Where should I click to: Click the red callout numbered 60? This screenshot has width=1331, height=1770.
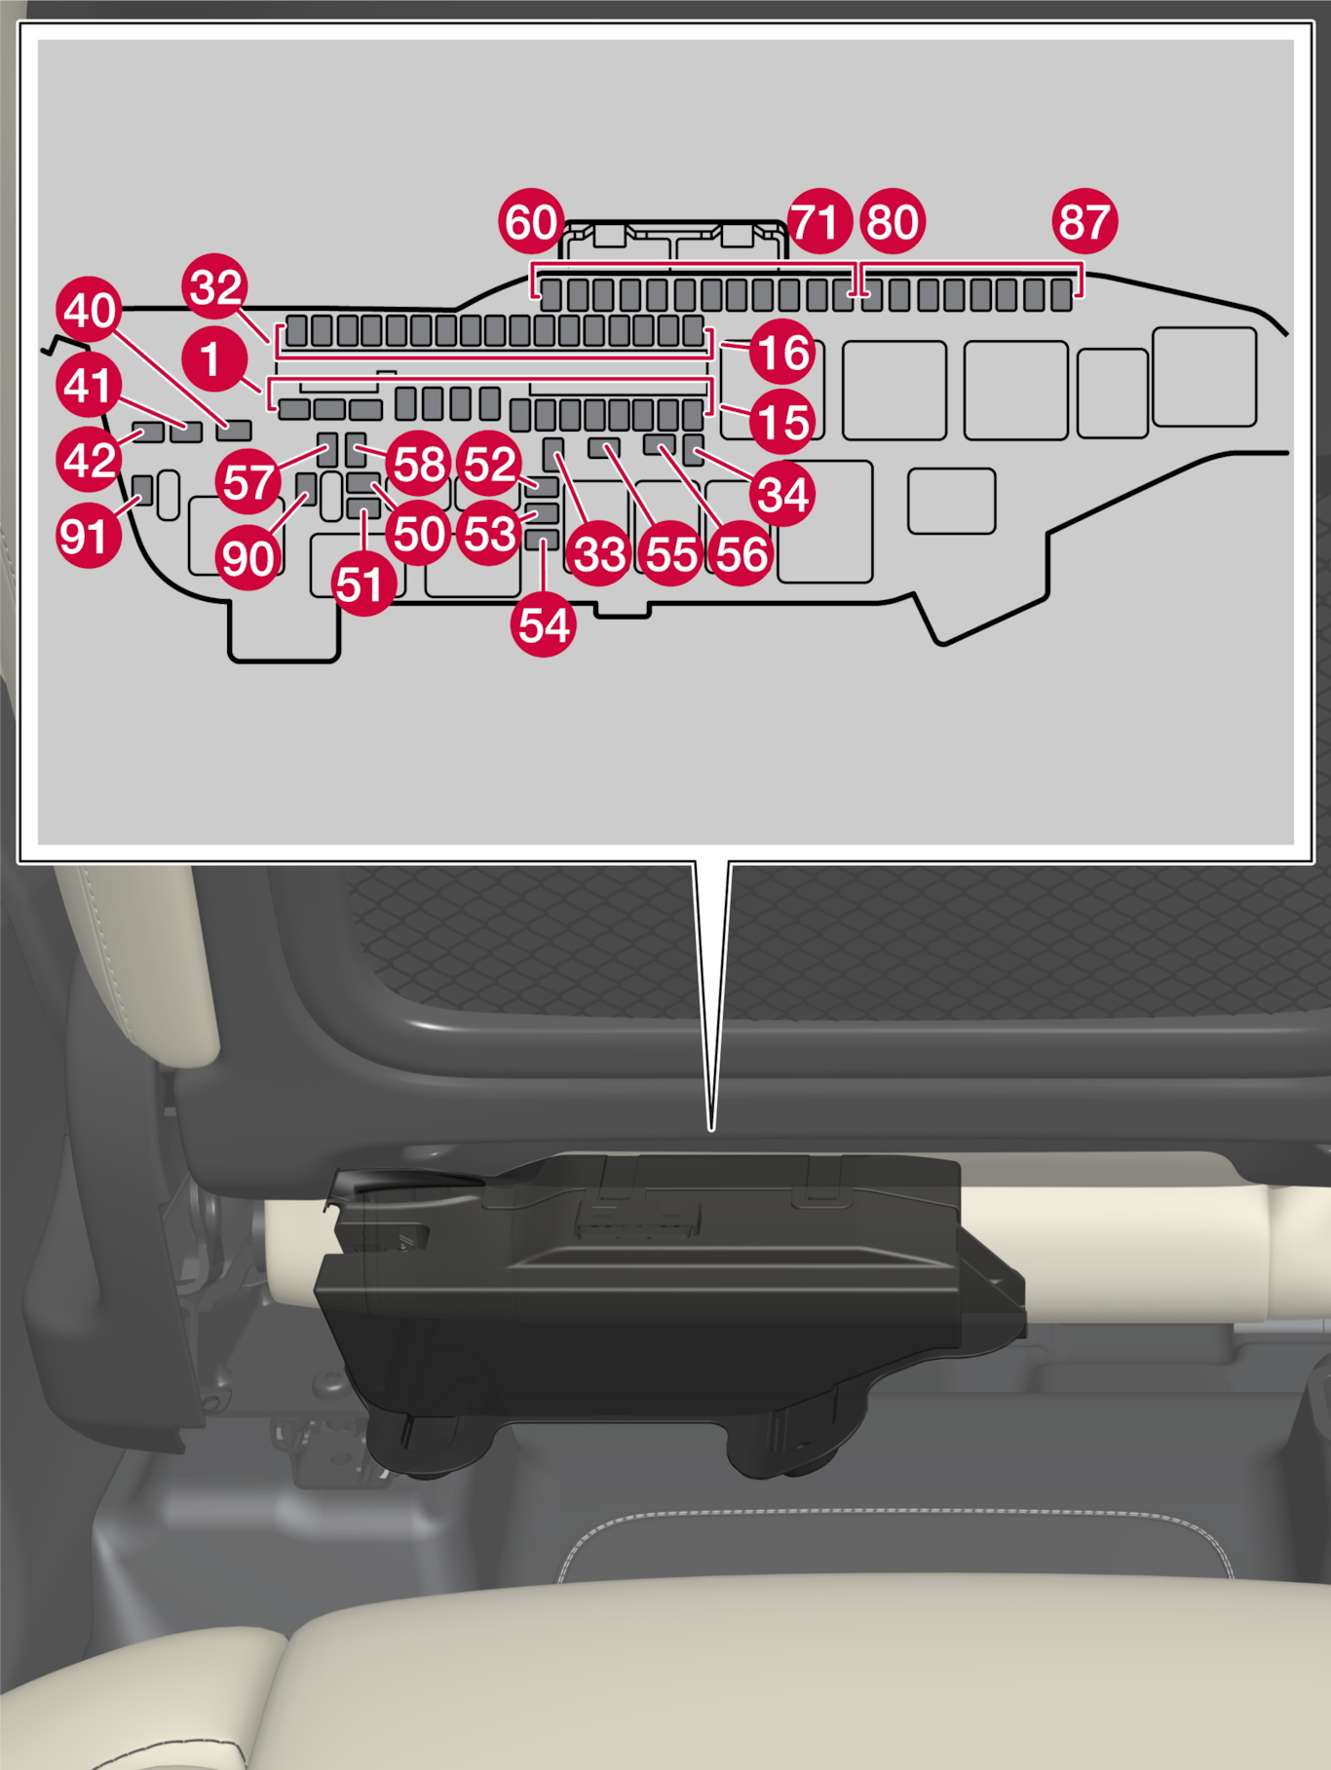coord(531,221)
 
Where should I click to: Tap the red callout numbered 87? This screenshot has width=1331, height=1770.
coord(1084,221)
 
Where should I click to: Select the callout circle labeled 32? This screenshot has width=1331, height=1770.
coord(215,286)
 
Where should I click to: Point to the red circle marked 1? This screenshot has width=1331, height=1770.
coord(213,358)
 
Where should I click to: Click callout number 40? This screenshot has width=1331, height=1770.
coord(90,310)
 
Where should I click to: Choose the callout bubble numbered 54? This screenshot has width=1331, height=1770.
coord(544,624)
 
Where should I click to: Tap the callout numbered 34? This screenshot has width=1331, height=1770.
coord(782,494)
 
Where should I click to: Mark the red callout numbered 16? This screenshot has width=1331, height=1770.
coord(782,352)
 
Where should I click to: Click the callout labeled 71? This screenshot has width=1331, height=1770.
coord(819,221)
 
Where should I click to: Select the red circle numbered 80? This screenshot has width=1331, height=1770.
coord(893,221)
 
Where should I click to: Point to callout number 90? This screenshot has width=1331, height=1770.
coord(248,558)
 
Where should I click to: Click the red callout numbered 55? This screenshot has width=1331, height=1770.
coord(671,553)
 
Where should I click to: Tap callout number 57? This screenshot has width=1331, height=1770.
coord(248,481)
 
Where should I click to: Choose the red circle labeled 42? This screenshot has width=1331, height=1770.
coord(90,459)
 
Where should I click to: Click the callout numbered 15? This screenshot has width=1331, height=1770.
coord(782,422)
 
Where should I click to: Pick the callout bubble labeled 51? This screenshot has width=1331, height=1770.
coord(361,584)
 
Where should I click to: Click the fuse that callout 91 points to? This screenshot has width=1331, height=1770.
coord(142,490)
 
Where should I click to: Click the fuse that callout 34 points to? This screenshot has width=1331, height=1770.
coord(693,450)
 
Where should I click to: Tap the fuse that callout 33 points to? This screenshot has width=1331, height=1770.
coord(552,450)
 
